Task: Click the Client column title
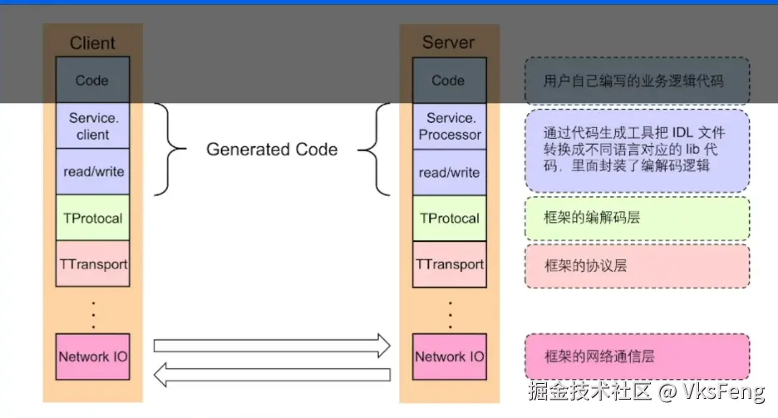click(92, 43)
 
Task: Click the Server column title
click(449, 43)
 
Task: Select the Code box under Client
click(92, 81)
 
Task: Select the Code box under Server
click(449, 81)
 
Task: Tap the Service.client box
click(92, 126)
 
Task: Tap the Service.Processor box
click(449, 126)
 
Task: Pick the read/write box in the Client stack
click(92, 172)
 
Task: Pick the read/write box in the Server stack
click(449, 172)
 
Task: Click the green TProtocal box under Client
click(92, 219)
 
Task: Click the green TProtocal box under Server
click(449, 219)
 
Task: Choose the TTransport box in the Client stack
click(92, 264)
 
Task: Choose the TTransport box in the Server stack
click(449, 264)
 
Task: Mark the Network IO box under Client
click(92, 357)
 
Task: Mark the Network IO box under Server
click(449, 357)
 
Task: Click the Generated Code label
click(272, 150)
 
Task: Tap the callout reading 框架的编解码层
click(637, 219)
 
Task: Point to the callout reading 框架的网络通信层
click(637, 357)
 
